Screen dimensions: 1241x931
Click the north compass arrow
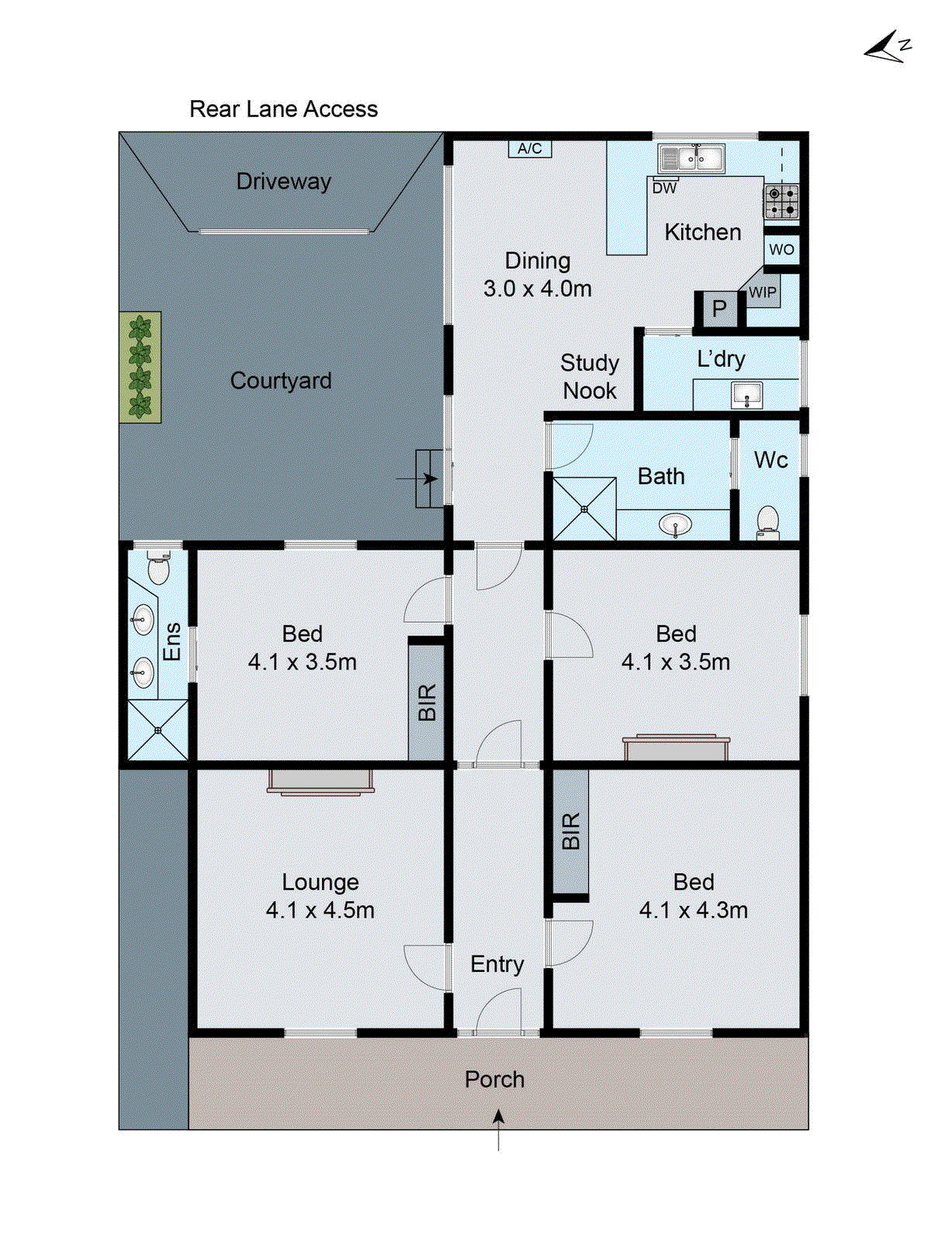[887, 48]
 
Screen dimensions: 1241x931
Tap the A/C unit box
[530, 148]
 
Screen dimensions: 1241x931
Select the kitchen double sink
[690, 159]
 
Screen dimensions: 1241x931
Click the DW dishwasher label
[664, 188]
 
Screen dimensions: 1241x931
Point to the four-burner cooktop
[781, 201]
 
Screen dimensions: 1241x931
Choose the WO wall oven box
[781, 249]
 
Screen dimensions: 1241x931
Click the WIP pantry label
[762, 292]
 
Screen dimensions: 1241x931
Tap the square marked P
[719, 308]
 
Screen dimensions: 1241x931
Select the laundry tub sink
[746, 395]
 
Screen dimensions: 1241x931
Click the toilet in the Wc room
[767, 520]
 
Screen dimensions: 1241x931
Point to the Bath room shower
[584, 509]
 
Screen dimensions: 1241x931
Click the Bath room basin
[676, 524]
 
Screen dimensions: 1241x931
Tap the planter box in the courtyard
[140, 367]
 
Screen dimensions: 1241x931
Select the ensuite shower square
[157, 730]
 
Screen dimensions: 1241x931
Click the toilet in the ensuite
[158, 569]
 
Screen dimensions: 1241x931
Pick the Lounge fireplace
[320, 781]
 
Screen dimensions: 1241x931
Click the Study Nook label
[590, 377]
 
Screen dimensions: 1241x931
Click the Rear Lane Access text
[283, 109]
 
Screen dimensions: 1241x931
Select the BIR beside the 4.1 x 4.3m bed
[570, 831]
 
